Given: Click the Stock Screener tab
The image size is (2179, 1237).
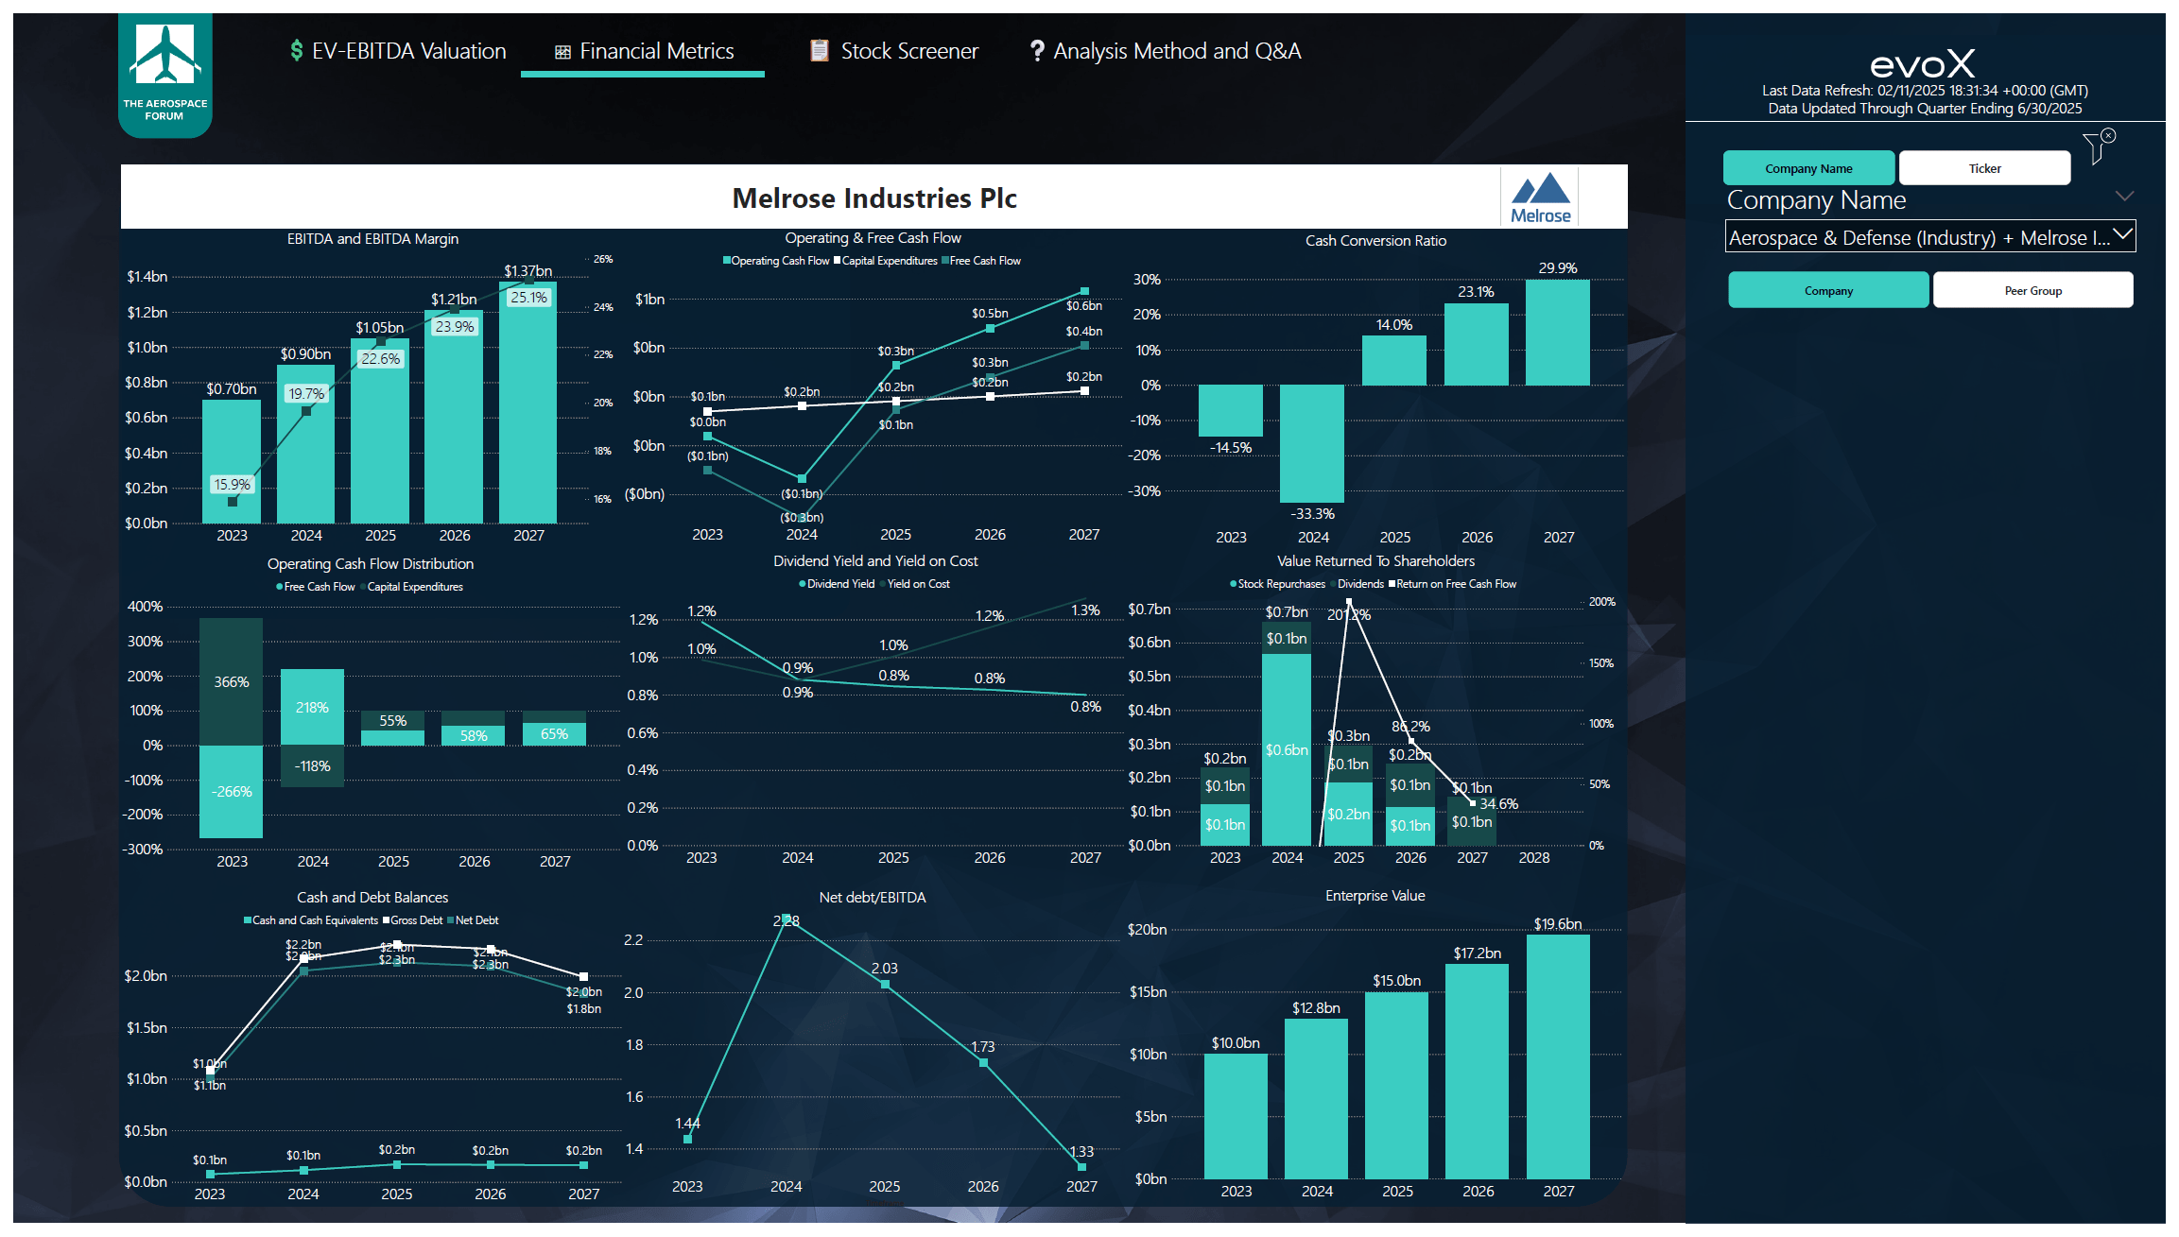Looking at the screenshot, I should (894, 51).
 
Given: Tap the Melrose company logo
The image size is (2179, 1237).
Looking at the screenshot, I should (1540, 197).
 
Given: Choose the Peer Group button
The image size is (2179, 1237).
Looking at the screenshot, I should (2032, 290).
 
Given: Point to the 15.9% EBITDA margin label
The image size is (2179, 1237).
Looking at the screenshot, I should (232, 485).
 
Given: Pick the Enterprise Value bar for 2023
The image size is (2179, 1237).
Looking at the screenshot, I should (1236, 1115).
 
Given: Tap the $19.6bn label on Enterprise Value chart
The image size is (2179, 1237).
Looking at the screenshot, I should (1557, 924).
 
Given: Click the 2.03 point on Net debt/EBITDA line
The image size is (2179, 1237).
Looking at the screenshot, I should (885, 984).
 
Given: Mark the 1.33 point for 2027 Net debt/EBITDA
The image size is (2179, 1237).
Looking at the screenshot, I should (1081, 1166).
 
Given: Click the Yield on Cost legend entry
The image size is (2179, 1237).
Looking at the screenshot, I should (917, 584).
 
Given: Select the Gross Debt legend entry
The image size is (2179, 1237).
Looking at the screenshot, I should (415, 920).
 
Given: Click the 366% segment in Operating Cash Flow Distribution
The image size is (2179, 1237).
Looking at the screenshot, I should (231, 681).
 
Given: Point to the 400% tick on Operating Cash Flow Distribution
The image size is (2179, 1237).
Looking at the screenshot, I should (145, 607).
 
